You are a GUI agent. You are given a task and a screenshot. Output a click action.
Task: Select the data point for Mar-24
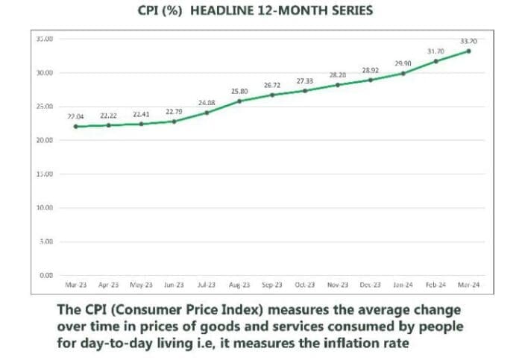468,51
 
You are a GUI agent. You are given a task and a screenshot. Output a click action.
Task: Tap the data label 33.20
468,40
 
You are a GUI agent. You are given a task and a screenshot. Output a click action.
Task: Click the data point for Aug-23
239,101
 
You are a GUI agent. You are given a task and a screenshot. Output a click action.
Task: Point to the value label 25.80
239,90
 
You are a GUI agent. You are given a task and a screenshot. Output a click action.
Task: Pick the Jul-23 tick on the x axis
207,285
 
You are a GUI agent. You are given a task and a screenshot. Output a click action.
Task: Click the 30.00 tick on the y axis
44,73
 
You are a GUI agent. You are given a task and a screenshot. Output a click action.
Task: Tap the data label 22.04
76,117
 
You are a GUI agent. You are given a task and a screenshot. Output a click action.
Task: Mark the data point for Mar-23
76,127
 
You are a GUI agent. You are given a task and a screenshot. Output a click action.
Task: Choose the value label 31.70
435,51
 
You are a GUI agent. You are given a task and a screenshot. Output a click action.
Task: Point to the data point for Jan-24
403,73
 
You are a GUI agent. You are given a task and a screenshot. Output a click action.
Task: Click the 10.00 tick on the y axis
44,208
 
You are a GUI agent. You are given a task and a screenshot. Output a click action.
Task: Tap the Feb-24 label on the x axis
435,285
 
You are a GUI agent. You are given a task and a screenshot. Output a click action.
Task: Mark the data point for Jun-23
174,121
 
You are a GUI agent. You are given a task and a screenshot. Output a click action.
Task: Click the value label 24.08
207,103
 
